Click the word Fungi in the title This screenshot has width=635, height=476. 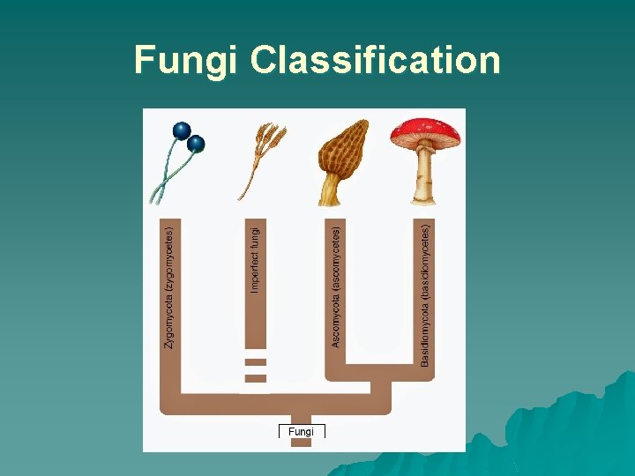(187, 61)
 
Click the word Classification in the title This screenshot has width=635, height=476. (375, 61)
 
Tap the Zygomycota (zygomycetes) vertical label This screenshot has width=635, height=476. (170, 287)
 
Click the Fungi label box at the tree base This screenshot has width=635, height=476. (302, 431)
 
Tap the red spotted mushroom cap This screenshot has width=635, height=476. (426, 131)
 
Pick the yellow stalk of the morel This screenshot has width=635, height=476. (331, 190)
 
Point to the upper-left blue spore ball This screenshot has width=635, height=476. (182, 130)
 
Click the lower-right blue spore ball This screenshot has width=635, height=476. (196, 144)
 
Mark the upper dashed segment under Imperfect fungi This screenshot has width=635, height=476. (256, 362)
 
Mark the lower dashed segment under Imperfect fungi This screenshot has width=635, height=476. (256, 378)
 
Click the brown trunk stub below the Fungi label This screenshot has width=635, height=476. (302, 442)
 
